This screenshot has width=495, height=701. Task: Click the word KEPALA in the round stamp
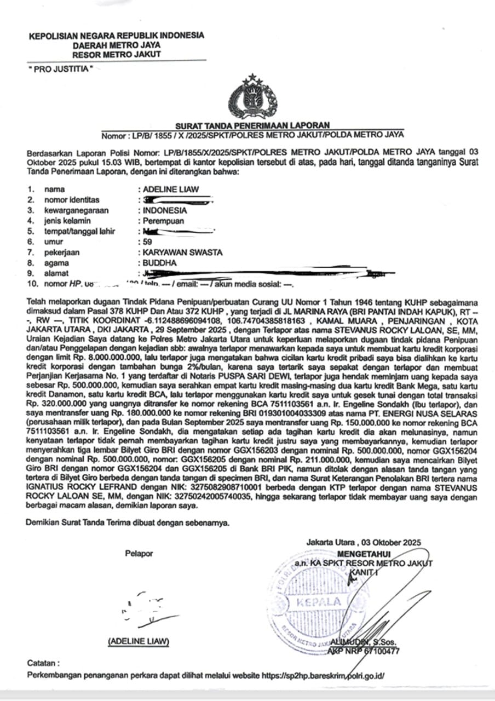click(318, 602)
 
